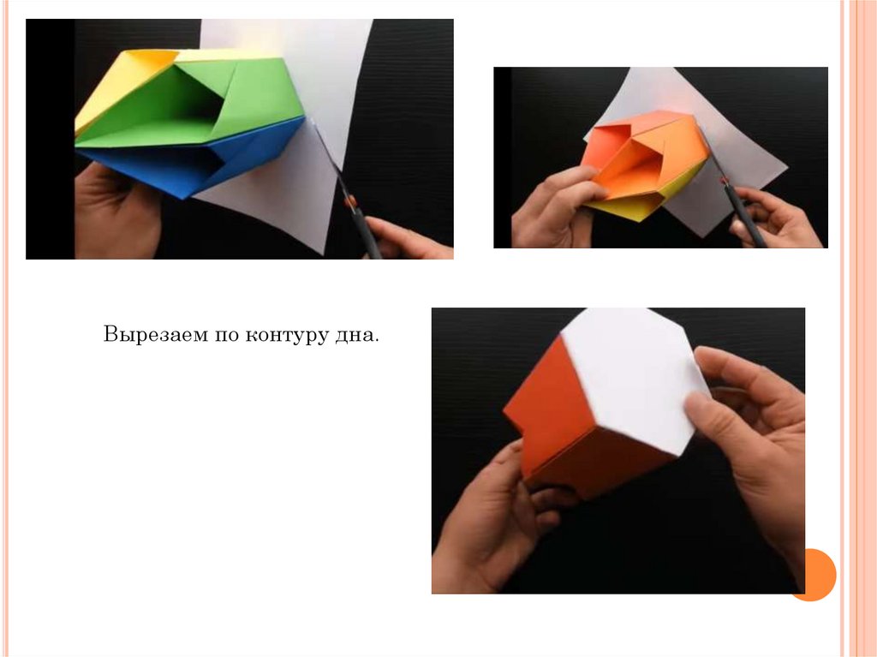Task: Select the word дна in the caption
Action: [x=355, y=335]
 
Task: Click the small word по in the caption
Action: [x=225, y=336]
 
